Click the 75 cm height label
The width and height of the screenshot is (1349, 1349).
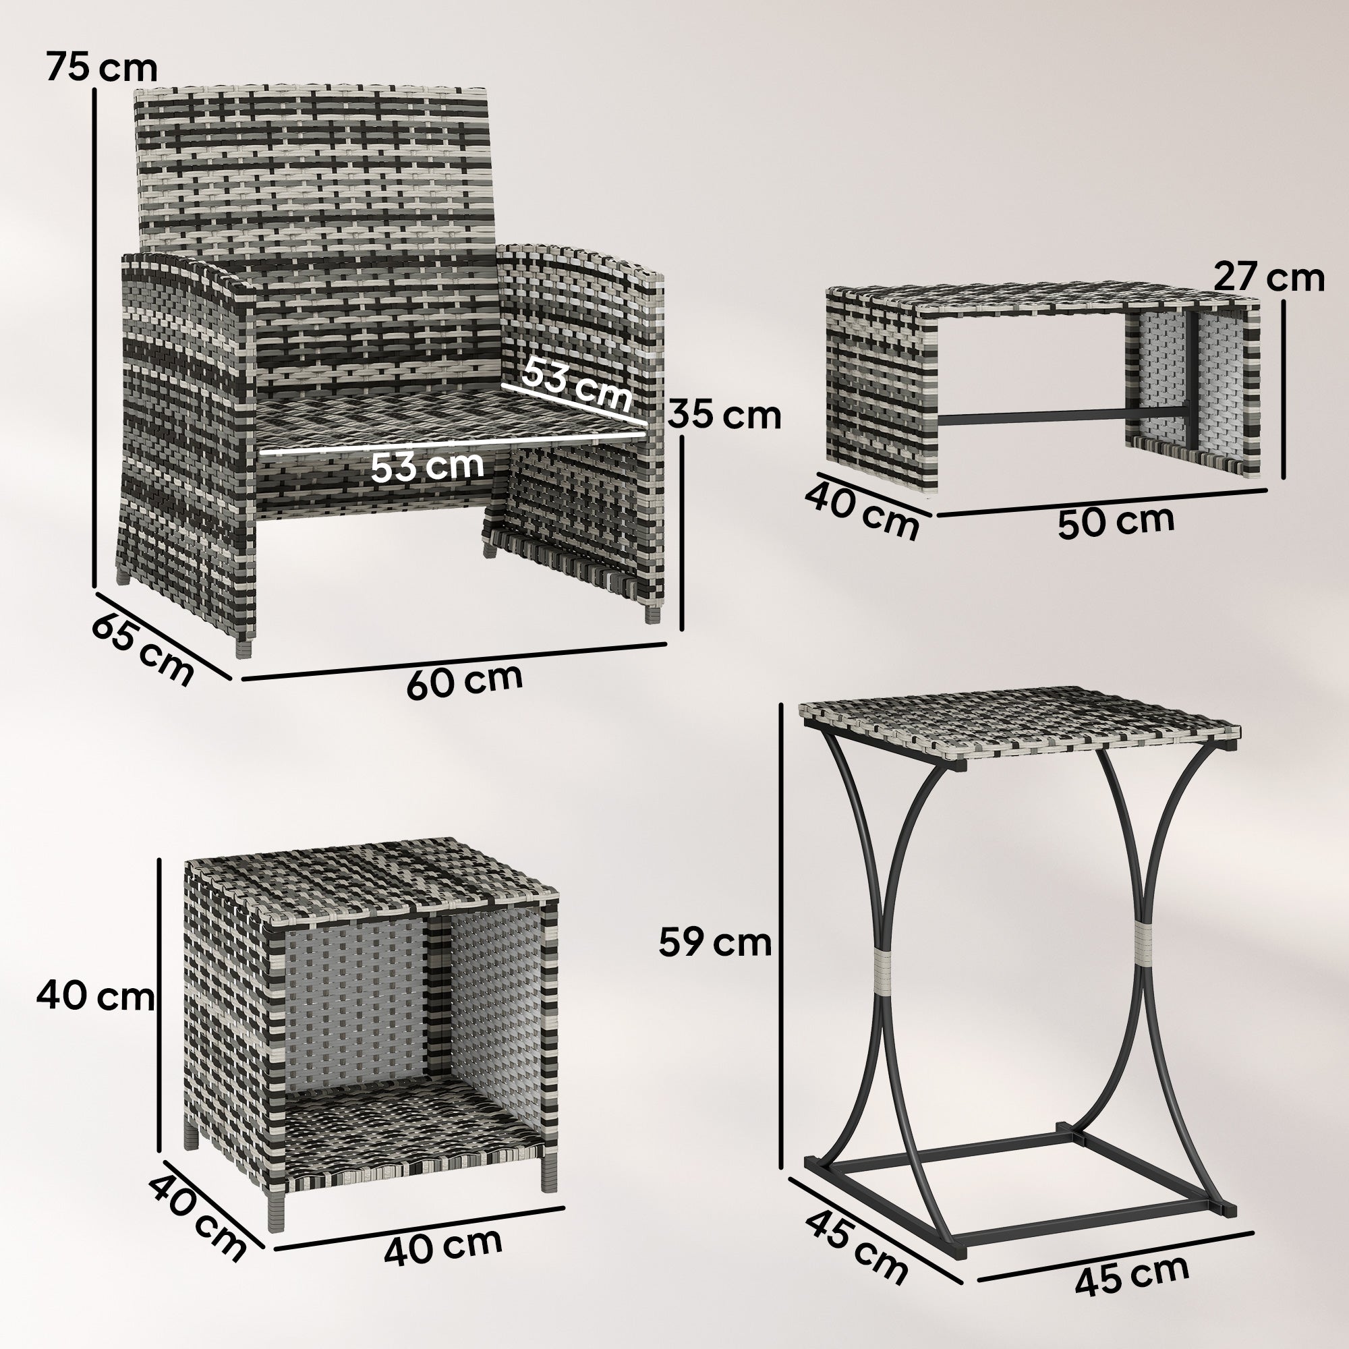pos(102,68)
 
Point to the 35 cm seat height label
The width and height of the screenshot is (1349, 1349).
pos(724,415)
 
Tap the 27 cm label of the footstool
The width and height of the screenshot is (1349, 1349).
pos(1269,277)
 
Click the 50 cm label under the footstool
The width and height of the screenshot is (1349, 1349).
pos(1116,521)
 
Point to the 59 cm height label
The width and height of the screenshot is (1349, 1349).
pos(714,943)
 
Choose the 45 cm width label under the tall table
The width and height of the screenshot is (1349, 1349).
pos(1131,1274)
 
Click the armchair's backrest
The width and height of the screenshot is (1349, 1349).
pos(314,167)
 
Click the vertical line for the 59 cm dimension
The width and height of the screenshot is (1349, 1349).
pos(782,936)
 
